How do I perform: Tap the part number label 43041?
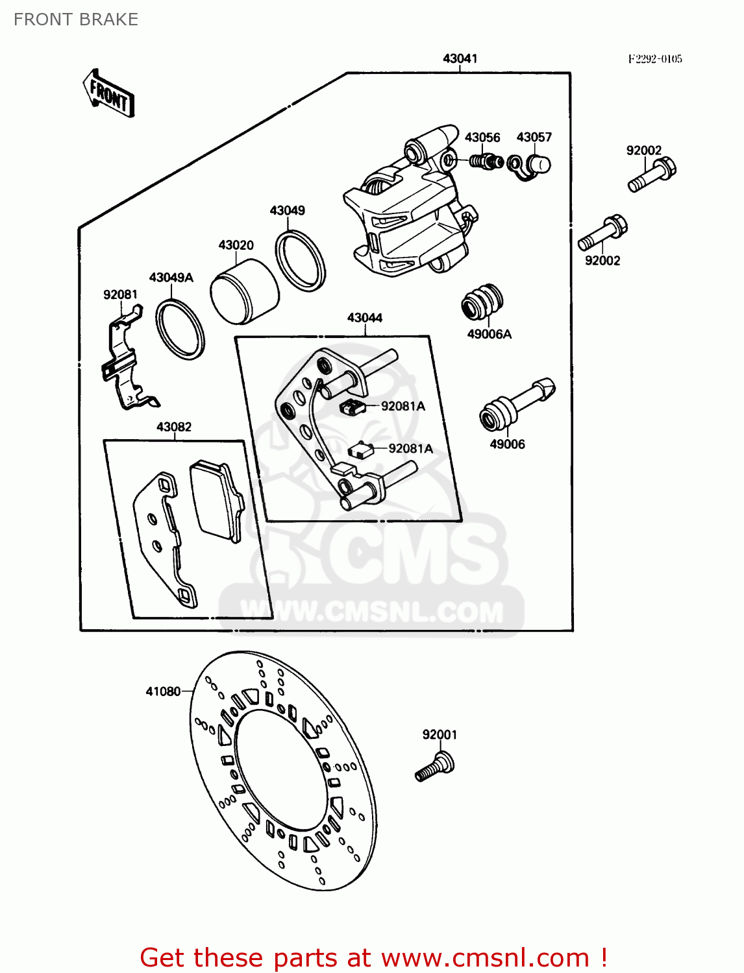click(460, 58)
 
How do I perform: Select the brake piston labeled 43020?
click(244, 292)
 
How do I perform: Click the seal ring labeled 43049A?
click(180, 330)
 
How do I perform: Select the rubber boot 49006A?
click(482, 302)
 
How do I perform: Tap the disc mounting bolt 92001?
click(436, 766)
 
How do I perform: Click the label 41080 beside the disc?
click(163, 691)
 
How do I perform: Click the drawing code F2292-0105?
click(654, 59)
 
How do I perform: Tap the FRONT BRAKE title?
click(76, 19)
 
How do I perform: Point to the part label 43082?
click(174, 427)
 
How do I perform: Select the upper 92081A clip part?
click(351, 407)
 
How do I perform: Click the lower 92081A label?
click(410, 449)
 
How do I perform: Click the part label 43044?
click(365, 318)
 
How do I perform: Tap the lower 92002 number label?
click(602, 261)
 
